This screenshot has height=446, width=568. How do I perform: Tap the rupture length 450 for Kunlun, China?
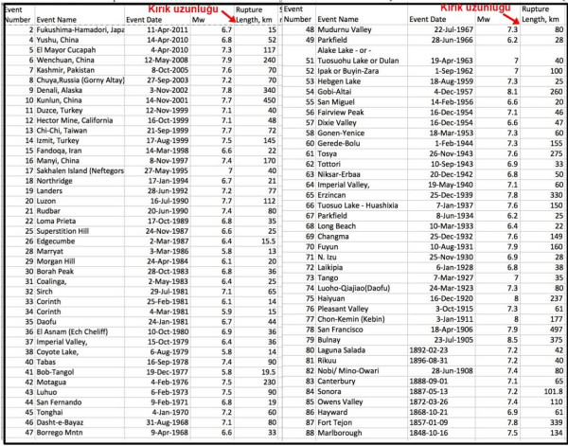pos(270,98)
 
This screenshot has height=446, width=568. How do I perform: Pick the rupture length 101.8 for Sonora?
pos(551,388)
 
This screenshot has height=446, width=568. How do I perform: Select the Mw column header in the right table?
pos(484,19)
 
